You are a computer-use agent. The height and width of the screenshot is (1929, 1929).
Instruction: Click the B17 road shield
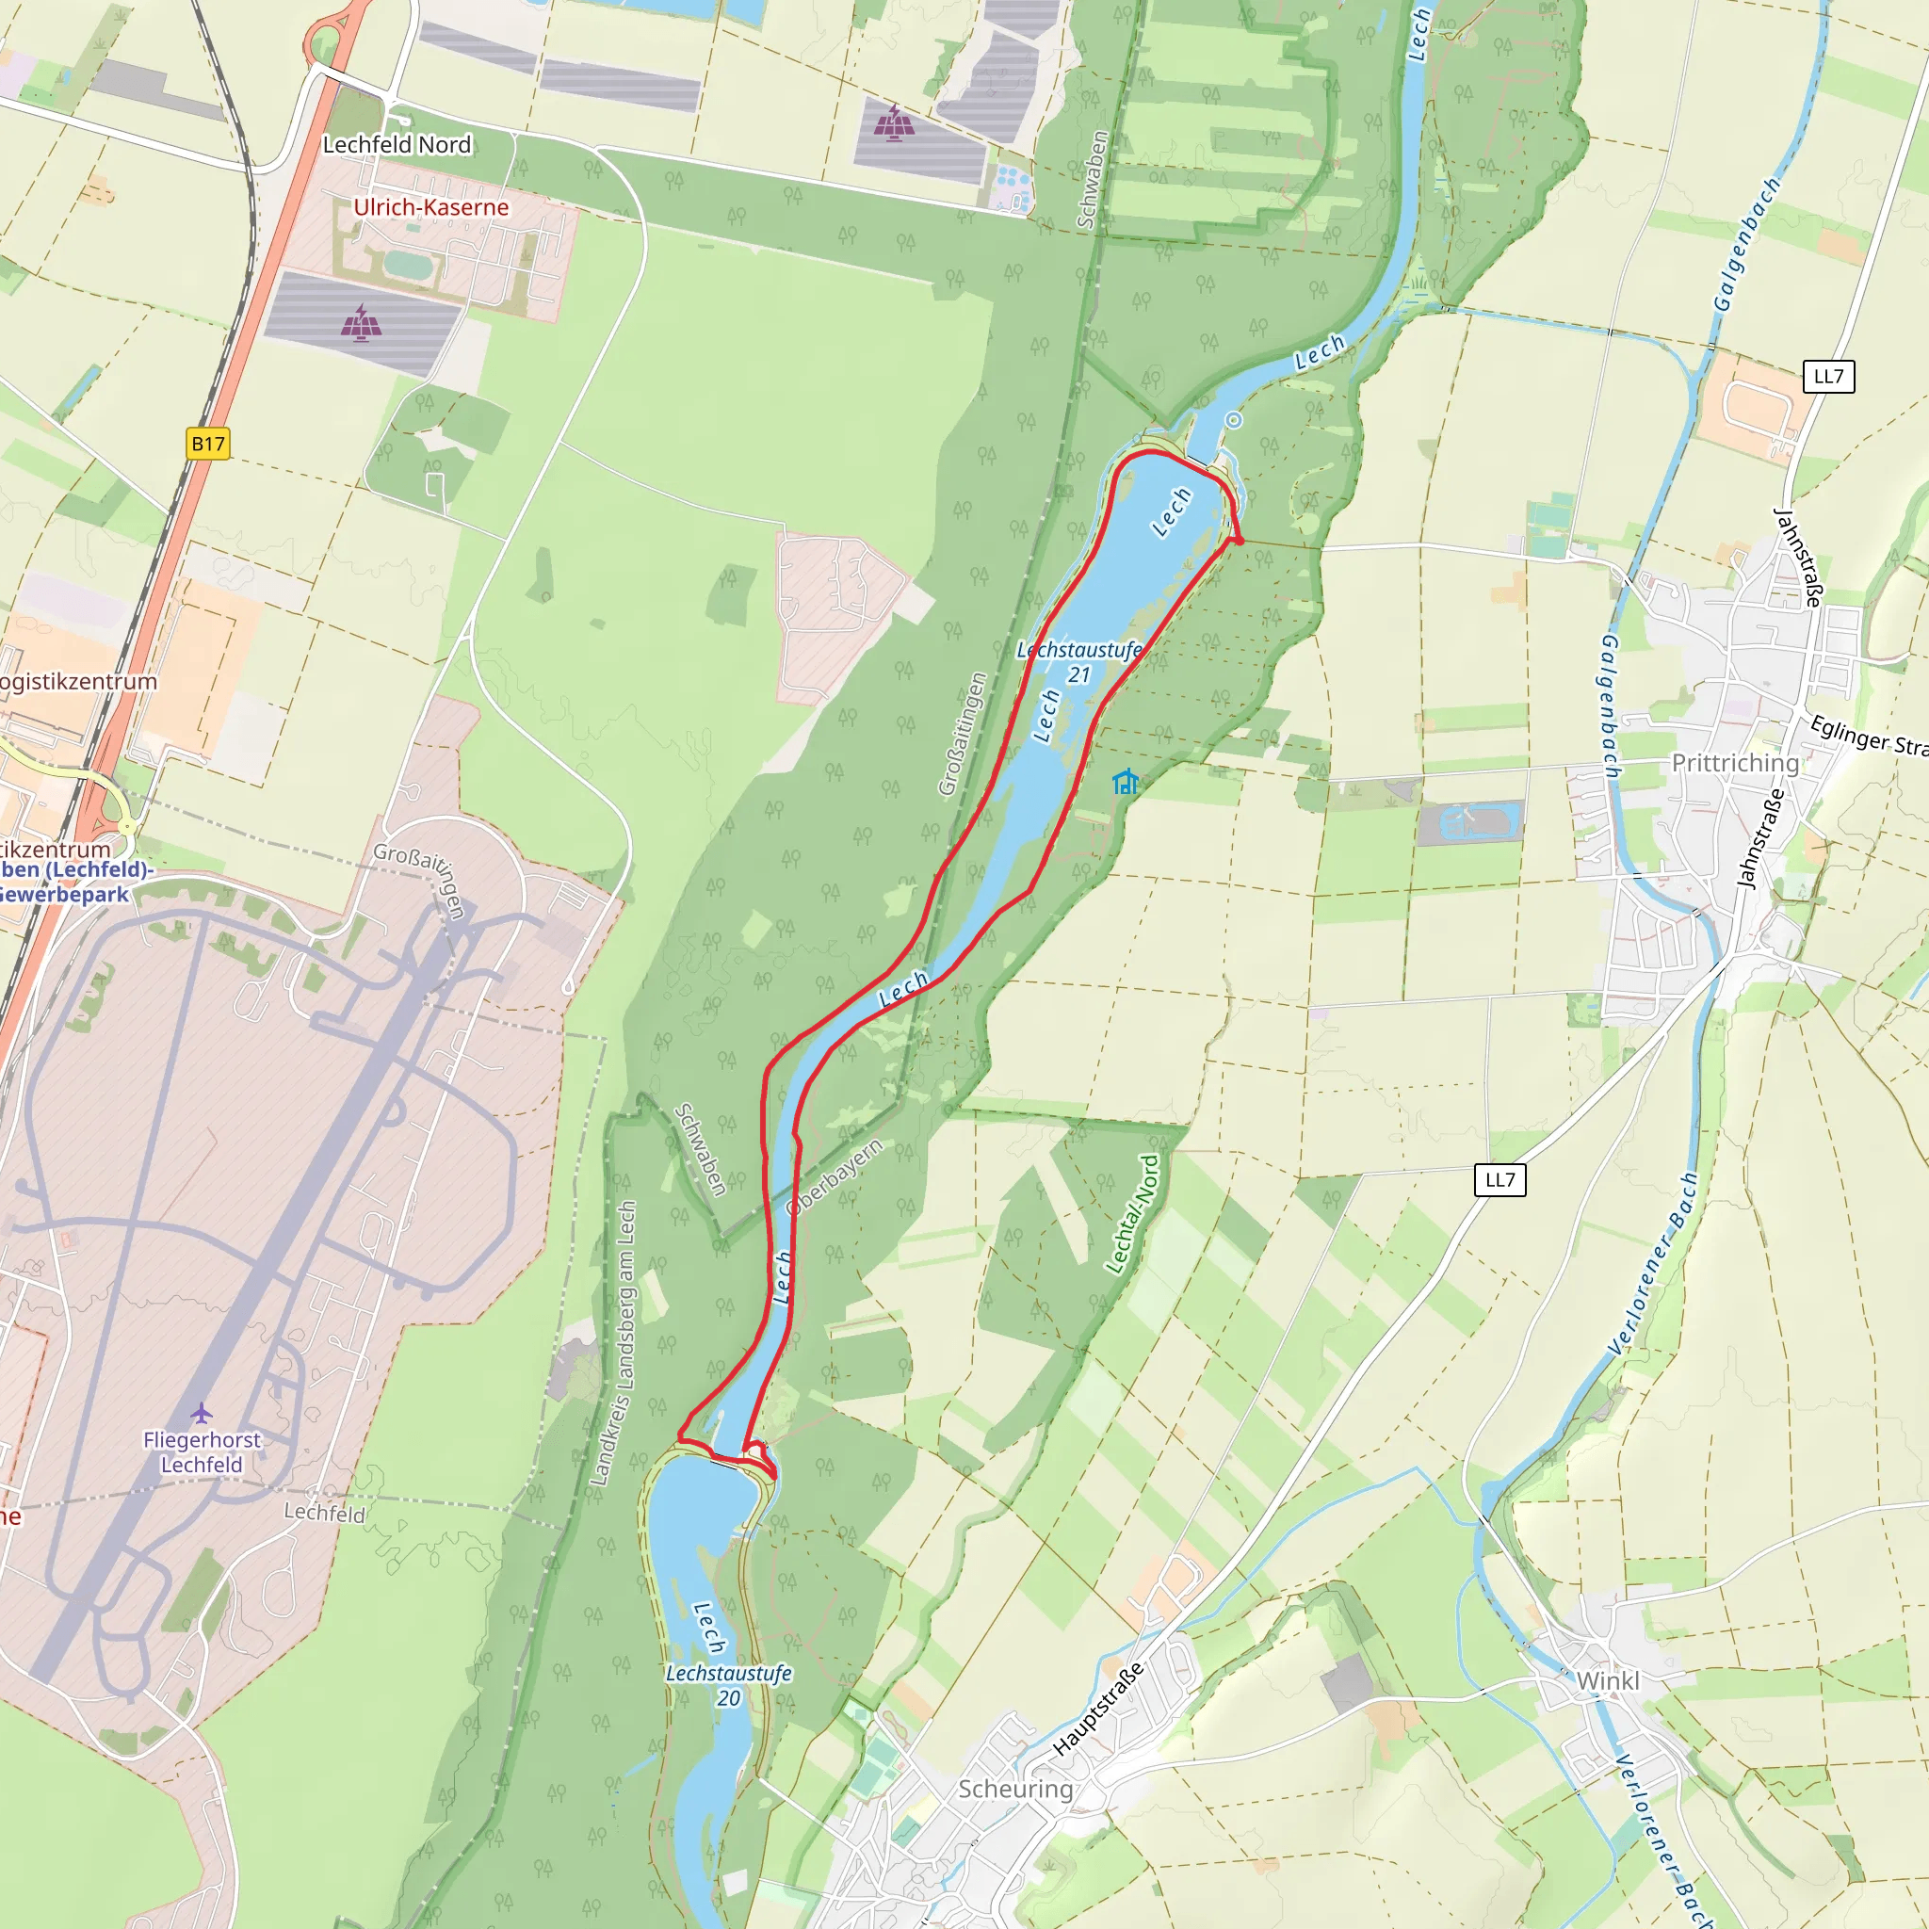[207, 444]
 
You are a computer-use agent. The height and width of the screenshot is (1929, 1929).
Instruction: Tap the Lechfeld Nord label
[397, 145]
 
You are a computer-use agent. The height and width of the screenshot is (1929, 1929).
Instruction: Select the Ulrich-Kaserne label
[431, 206]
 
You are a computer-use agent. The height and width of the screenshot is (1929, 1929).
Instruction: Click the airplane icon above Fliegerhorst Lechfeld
[202, 1413]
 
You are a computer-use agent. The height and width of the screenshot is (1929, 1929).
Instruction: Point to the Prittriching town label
[1735, 763]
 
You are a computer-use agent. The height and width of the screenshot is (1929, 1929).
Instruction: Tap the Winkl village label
[1608, 1681]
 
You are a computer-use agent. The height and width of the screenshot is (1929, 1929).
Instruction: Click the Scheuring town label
[1015, 1789]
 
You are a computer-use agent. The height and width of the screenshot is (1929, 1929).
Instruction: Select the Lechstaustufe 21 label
[1078, 662]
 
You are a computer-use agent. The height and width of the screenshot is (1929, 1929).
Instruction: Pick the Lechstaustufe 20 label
[729, 1684]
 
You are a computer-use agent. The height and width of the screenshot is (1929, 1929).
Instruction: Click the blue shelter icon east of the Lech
[1126, 781]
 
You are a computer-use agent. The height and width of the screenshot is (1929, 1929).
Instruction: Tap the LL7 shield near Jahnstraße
[1828, 377]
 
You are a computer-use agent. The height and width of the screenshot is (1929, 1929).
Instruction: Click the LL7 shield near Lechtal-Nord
[1499, 1179]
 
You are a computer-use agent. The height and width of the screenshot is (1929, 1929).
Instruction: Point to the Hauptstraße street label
[1097, 1710]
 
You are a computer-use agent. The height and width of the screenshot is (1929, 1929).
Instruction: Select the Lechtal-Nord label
[1133, 1215]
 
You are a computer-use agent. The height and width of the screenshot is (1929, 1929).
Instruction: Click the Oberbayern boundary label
[835, 1177]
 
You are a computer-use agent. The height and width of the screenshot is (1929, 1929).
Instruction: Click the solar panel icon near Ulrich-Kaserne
[362, 322]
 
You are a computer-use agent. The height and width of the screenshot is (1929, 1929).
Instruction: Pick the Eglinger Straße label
[1868, 736]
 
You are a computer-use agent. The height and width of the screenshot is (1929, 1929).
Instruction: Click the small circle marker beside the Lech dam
[1234, 420]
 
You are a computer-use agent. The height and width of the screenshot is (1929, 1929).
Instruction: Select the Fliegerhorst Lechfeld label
[202, 1451]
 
